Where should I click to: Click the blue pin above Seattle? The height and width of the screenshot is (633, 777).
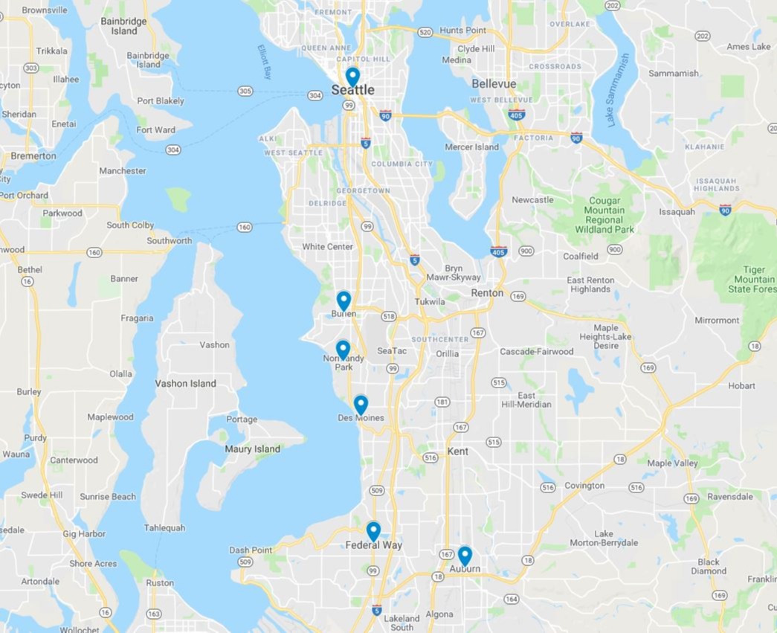352,77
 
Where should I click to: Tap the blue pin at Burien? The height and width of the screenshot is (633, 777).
344,301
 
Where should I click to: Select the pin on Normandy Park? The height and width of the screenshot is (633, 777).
343,349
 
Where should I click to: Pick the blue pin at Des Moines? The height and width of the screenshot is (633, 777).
361,405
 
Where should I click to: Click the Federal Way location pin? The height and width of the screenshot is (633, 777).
373,531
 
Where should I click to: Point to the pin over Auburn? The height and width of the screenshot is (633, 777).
465,556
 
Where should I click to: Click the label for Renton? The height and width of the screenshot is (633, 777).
487,293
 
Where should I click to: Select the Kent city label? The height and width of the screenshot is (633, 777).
458,452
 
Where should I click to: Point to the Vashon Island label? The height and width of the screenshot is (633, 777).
186,384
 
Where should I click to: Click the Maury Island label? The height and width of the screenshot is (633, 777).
253,449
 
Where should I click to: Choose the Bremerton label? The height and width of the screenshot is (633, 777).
33,156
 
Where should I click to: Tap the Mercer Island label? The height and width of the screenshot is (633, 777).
472,147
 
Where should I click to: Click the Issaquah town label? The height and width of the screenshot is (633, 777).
677,211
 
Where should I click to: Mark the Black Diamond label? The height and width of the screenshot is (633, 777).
709,567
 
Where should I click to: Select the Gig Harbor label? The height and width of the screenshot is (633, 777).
85,534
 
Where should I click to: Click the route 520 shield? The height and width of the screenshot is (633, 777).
425,33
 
